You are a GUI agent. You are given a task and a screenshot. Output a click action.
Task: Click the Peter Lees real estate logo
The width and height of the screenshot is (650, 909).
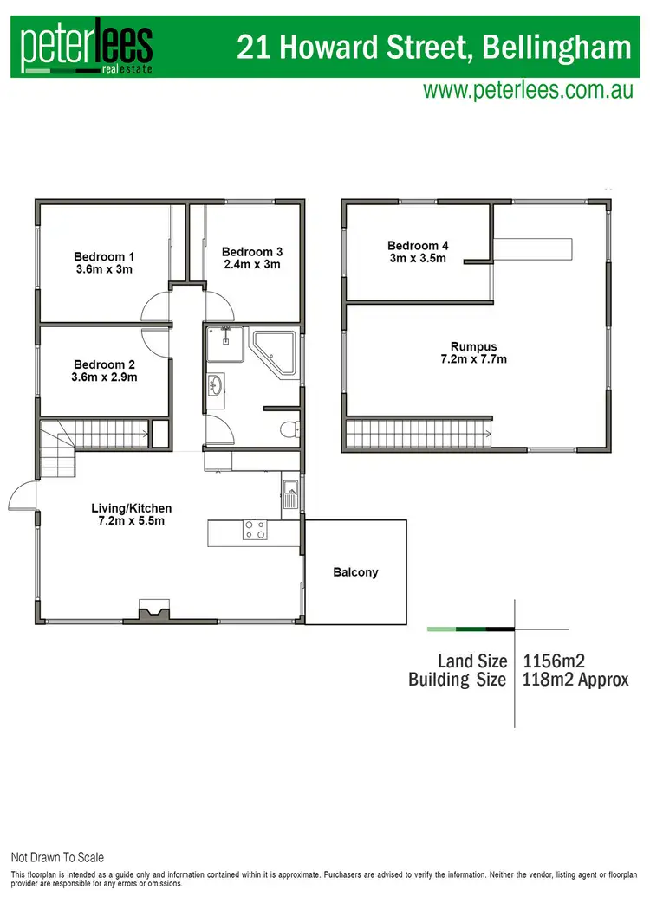coord(87,46)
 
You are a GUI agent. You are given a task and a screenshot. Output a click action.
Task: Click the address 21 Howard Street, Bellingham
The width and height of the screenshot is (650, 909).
coord(434,47)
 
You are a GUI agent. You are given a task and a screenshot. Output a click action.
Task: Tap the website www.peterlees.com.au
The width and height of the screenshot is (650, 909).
coord(527,89)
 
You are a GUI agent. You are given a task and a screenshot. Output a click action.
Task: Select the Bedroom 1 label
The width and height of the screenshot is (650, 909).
coord(104,262)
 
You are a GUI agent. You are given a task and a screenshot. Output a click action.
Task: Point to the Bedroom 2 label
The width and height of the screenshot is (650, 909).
coord(104,371)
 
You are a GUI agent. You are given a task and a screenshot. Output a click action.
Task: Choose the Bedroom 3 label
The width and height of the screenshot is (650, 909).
coord(251,258)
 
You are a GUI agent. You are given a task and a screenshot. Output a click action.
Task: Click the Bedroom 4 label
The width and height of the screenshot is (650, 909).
coord(418,251)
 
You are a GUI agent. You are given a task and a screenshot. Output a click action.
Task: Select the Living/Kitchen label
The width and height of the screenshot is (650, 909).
coord(132,514)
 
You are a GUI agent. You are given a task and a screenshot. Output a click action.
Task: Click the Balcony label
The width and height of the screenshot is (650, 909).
coord(355,572)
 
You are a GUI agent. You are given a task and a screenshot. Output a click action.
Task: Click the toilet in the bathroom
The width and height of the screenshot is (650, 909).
coord(289,428)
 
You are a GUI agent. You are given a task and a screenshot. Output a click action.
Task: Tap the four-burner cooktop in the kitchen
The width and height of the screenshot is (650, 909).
coord(255,530)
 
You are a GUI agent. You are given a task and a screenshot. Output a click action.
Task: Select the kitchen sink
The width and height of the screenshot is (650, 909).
coord(289,493)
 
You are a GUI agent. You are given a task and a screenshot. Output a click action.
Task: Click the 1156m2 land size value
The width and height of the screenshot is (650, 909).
coord(555,661)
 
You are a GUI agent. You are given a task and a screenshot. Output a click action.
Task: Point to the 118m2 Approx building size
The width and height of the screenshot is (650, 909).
coord(576,680)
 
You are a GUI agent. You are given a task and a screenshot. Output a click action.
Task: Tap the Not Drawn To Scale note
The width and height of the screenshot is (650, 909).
coord(57,857)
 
